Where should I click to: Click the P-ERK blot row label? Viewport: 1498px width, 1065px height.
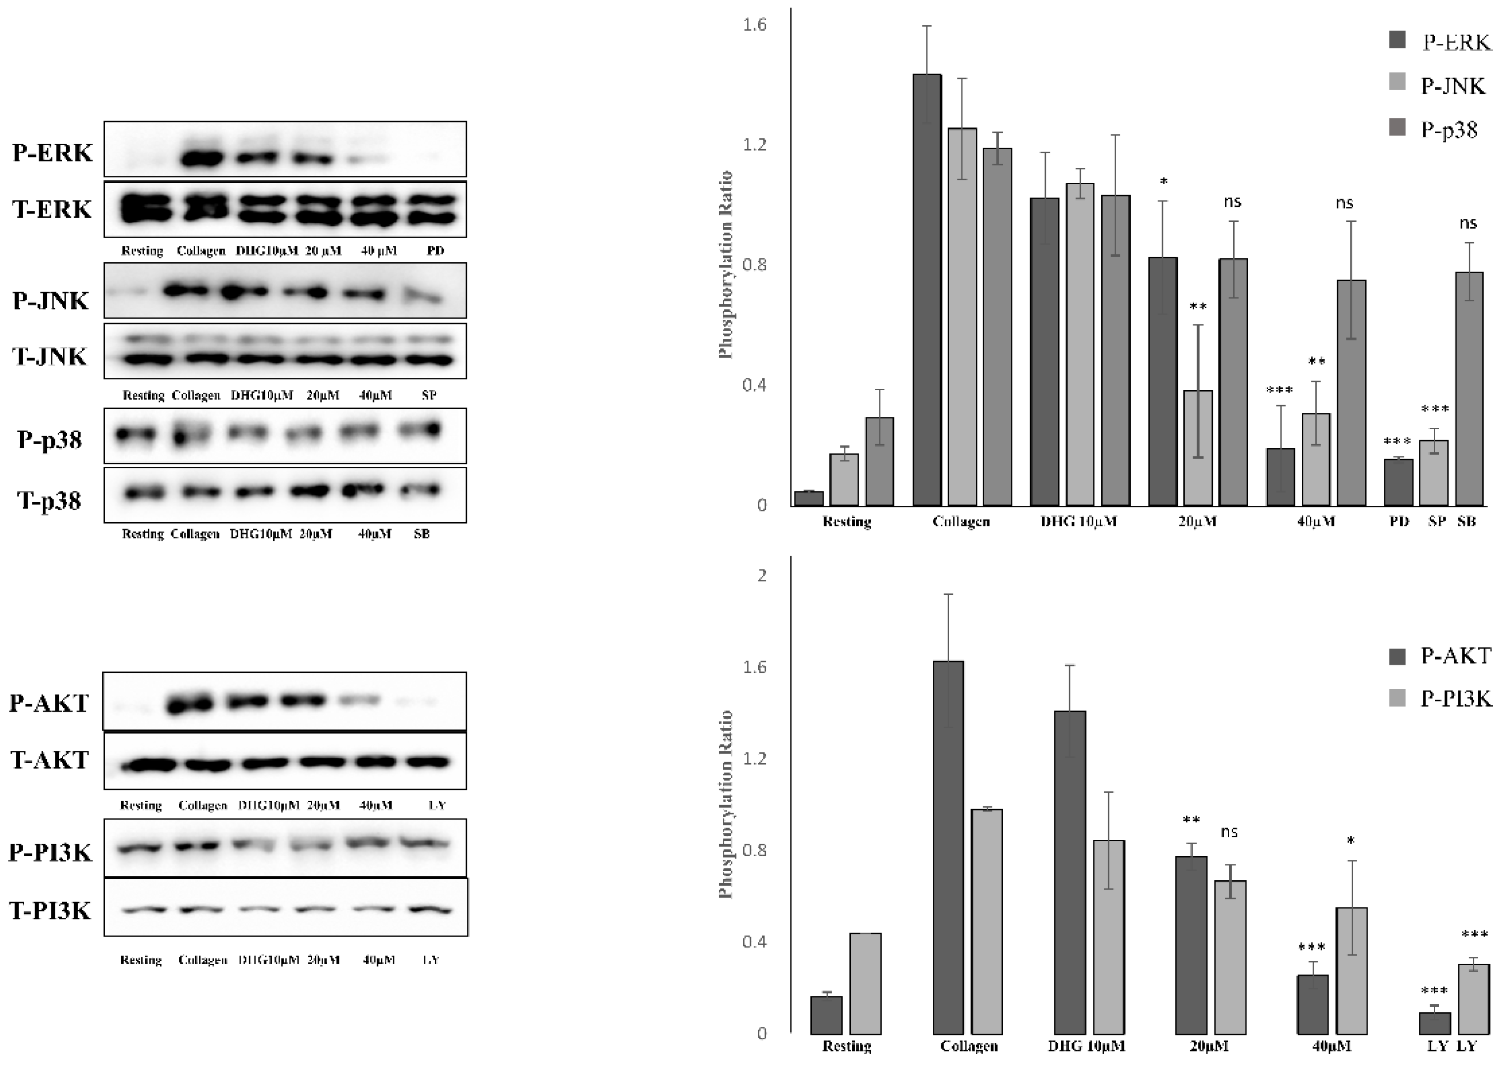pyautogui.click(x=52, y=153)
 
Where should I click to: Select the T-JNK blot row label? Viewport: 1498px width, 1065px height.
pyautogui.click(x=50, y=356)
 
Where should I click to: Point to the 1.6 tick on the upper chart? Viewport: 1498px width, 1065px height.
pyautogui.click(x=754, y=25)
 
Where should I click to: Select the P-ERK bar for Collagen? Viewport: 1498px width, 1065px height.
pyautogui.click(x=927, y=289)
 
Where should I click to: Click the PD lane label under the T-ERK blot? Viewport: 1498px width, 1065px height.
pyautogui.click(x=435, y=250)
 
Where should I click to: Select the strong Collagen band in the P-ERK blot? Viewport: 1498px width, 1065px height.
pyautogui.click(x=201, y=159)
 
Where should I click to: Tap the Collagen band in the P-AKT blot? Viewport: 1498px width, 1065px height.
pyautogui.click(x=190, y=704)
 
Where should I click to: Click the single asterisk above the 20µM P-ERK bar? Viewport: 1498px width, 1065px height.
pyautogui.click(x=1164, y=182)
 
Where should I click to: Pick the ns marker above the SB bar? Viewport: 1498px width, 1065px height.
pyautogui.click(x=1468, y=224)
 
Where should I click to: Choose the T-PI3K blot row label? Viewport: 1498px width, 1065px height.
pyautogui.click(x=50, y=911)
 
